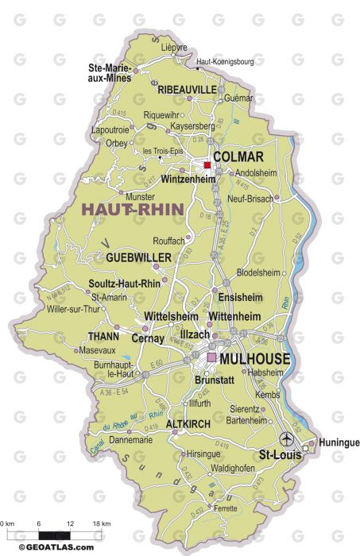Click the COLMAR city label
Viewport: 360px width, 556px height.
tap(238, 157)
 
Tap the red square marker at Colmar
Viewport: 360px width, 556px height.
tap(207, 165)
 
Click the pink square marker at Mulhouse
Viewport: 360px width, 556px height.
tap(211, 358)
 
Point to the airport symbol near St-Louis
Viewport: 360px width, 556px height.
tap(286, 438)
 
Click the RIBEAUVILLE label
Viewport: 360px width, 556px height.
tap(188, 91)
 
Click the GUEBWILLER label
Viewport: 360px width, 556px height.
tap(138, 257)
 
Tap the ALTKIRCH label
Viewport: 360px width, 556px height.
tap(188, 424)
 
